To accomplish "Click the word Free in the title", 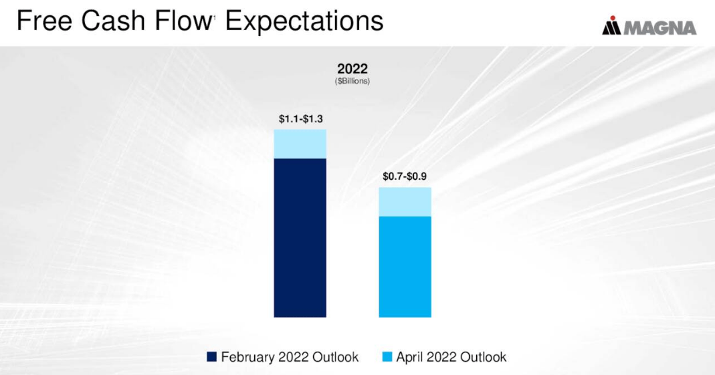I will point(44,21).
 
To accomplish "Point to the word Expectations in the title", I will point(304,21).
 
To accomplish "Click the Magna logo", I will point(649,27).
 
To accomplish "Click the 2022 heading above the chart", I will point(352,69).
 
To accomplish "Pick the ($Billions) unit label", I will point(352,81).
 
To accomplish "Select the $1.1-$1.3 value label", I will point(300,119).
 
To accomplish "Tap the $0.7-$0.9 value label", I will point(405,177).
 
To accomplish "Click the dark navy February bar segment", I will point(300,237).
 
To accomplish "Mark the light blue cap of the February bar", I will point(300,144).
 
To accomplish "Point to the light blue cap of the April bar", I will point(405,202).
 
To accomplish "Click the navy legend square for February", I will point(212,357).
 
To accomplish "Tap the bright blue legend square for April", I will point(387,357).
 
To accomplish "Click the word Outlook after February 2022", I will point(335,357).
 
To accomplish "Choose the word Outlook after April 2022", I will point(484,357).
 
